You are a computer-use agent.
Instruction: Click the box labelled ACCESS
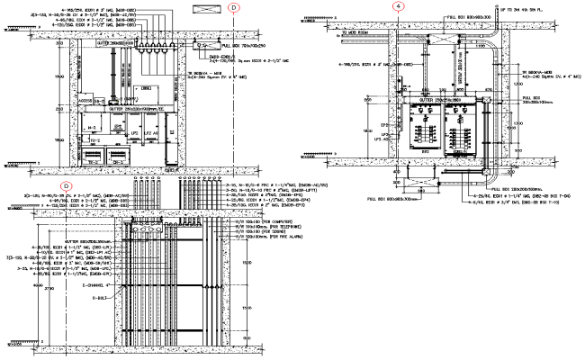click(x=88, y=99)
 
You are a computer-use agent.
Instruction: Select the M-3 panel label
click(x=91, y=129)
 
